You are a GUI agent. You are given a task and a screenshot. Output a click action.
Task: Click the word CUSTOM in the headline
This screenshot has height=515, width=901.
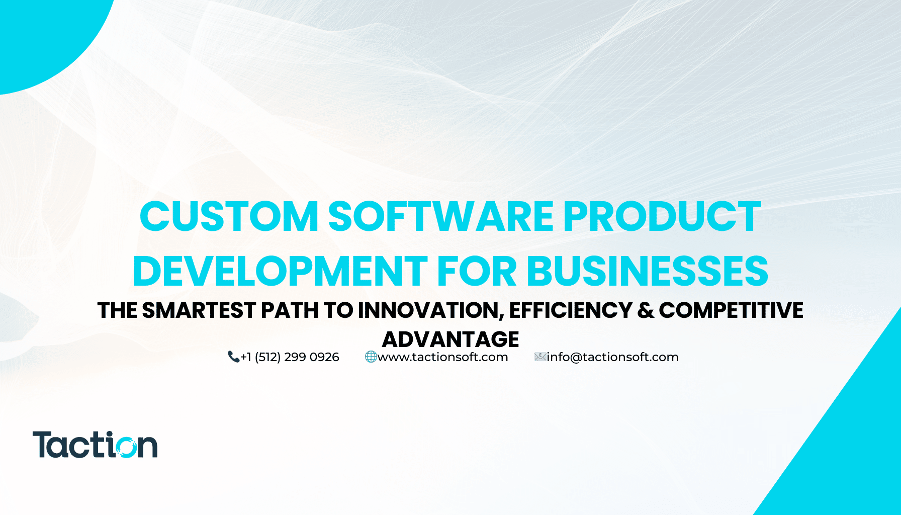[229, 216]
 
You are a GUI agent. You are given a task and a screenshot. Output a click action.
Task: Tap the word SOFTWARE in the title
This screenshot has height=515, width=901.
[440, 216]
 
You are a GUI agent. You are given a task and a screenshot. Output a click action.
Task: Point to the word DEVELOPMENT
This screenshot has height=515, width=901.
[280, 271]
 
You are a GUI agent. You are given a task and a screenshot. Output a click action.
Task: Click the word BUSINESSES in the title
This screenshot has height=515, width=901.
[647, 271]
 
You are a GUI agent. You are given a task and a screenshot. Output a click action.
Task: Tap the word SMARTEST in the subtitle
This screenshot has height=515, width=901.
[199, 310]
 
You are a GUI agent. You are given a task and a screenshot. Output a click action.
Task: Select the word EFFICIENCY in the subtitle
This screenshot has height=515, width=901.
[571, 310]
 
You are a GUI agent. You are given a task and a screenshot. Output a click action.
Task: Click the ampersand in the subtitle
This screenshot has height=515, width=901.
[646, 310]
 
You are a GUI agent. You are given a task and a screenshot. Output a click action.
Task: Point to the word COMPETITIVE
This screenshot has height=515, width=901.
[731, 310]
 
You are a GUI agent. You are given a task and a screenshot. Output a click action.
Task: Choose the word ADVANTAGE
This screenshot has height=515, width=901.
[450, 339]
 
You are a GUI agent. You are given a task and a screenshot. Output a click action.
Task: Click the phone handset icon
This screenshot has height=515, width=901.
[233, 357]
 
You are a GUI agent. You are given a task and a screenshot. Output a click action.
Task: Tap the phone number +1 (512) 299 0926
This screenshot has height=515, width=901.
[290, 357]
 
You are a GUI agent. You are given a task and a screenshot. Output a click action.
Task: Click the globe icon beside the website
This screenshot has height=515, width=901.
[371, 357]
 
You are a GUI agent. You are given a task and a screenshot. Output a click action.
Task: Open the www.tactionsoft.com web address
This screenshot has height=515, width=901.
[443, 357]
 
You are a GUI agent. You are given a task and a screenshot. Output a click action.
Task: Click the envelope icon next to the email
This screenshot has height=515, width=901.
[540, 357]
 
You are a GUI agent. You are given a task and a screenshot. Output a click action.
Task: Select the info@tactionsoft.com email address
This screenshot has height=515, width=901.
[613, 357]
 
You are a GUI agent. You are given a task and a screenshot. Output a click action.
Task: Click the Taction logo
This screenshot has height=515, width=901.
[95, 445]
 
